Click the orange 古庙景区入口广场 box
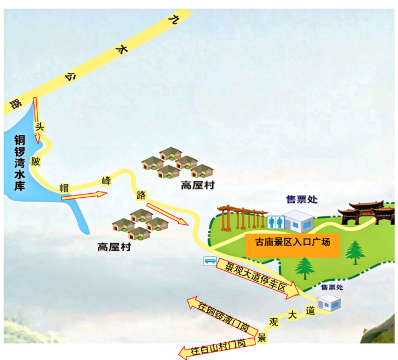pos(293,245)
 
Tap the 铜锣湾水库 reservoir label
pos(20,163)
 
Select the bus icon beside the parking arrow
pos(210,261)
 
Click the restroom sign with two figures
pos(275,223)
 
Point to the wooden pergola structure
pos(242,218)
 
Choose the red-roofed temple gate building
pos(366,213)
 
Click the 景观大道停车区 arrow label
pos(257,278)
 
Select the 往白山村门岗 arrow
pos(217,348)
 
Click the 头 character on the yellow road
pos(40,127)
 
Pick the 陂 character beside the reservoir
pos(35,161)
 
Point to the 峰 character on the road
pos(106,181)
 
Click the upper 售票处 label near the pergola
pos(301,200)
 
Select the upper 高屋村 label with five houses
pos(198,185)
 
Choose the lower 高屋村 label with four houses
pos(114,247)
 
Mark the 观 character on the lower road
pos(274,322)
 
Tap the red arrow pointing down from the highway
pos(37,120)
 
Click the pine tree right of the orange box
pos(355,252)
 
